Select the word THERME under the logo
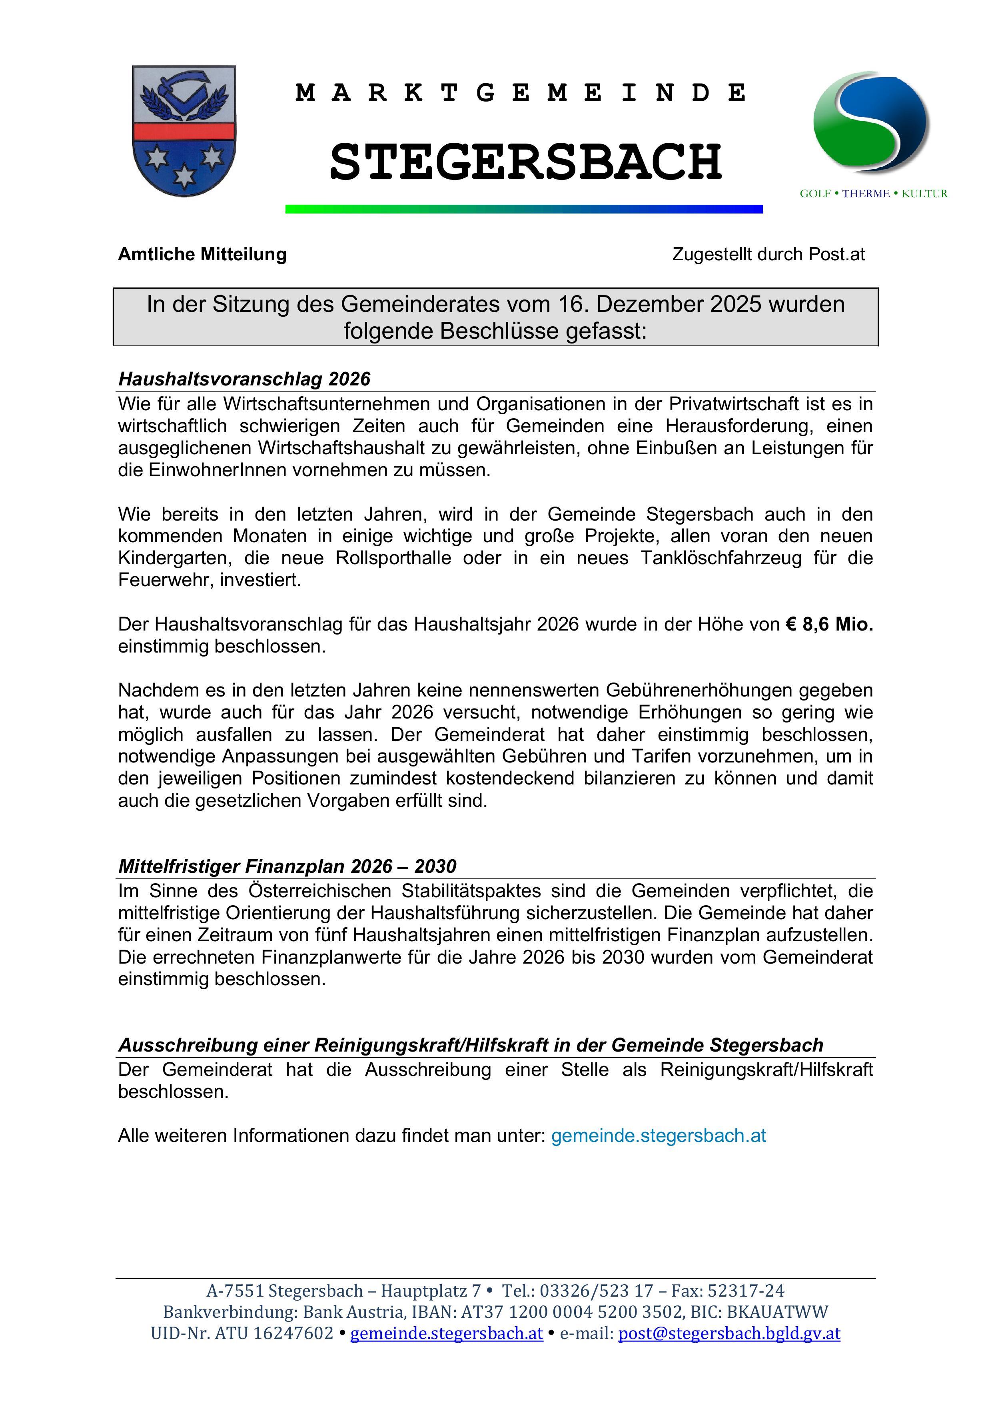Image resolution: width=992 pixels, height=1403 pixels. [866, 194]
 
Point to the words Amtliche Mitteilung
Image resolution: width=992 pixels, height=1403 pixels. [202, 254]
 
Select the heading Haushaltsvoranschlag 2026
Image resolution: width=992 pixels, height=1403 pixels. [244, 379]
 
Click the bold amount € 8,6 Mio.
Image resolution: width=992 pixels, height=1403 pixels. [829, 624]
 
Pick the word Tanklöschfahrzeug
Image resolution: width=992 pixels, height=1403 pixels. [721, 558]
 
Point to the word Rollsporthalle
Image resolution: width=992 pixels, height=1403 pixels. [393, 558]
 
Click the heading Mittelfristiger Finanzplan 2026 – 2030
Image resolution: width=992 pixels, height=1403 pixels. [287, 866]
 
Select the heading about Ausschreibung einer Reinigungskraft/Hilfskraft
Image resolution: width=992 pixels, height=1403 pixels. [471, 1045]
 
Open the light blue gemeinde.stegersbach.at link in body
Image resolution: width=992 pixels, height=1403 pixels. [658, 1136]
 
